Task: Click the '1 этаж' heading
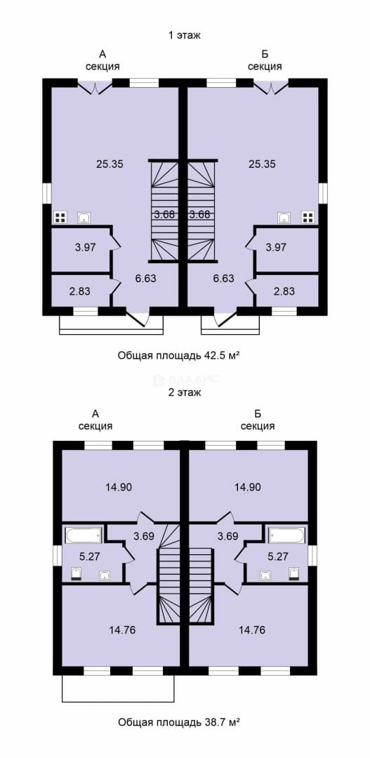[x=184, y=35]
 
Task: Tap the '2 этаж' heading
[x=184, y=392]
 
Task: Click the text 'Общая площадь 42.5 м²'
[x=179, y=357]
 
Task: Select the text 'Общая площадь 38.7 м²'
[x=179, y=723]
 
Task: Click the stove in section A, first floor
[x=60, y=218]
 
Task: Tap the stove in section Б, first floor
[x=308, y=218]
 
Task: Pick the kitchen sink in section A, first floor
[x=85, y=218]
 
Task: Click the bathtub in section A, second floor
[x=83, y=535]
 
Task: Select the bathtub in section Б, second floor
[x=287, y=535]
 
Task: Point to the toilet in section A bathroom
[x=76, y=574]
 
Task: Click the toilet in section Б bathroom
[x=294, y=574]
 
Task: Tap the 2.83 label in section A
[x=79, y=291]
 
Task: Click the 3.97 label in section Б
[x=277, y=248]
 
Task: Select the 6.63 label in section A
[x=146, y=278]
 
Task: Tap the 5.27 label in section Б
[x=277, y=557]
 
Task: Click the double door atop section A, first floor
[x=95, y=87]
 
